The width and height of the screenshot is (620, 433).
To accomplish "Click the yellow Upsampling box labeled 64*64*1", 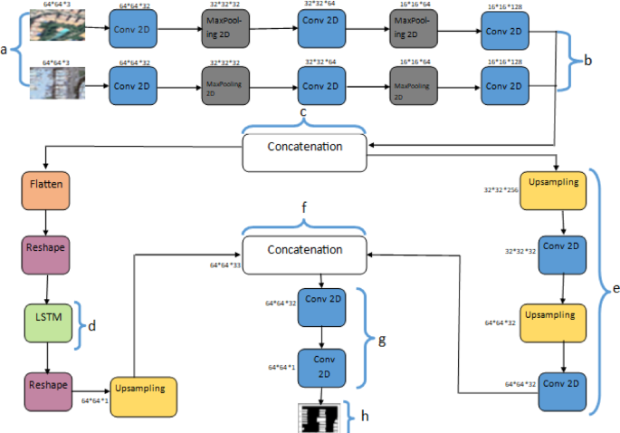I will [143, 396].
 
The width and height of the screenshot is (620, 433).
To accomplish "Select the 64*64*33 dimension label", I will [225, 265].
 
